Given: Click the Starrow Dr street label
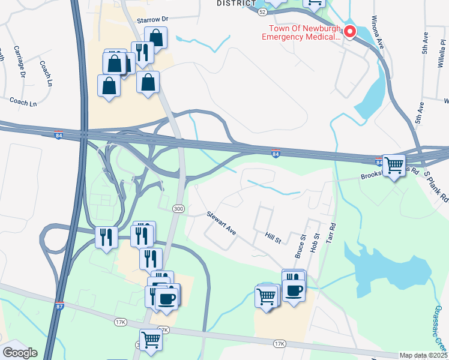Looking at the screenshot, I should (153, 20).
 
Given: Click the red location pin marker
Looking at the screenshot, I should (349, 32).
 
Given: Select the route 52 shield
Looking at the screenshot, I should (262, 11).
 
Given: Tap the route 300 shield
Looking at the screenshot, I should (178, 208).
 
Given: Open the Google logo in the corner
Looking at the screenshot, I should (20, 353).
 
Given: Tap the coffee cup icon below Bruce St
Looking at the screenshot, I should (294, 292).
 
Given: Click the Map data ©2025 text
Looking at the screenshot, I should (423, 355).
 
